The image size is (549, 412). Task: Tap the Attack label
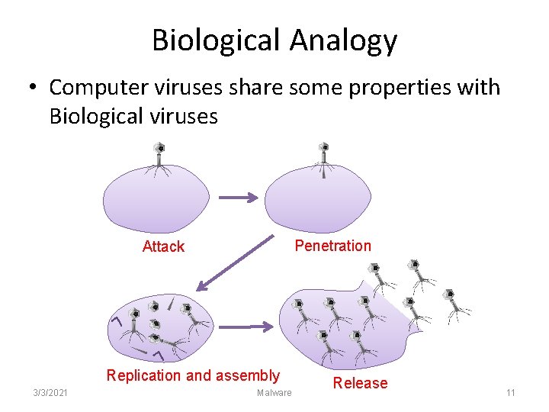[x=163, y=246]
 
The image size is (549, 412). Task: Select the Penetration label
[x=332, y=246]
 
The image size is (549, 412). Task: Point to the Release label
[x=360, y=383]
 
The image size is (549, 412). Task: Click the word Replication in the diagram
[x=143, y=375]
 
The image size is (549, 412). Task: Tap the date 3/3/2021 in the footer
[x=50, y=392]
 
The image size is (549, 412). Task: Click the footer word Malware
[x=274, y=393]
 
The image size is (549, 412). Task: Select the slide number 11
[x=511, y=392]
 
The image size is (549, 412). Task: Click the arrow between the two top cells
[x=238, y=197]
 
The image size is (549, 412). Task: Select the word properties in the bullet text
[x=388, y=88]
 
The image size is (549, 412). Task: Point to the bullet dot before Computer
[x=34, y=88]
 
